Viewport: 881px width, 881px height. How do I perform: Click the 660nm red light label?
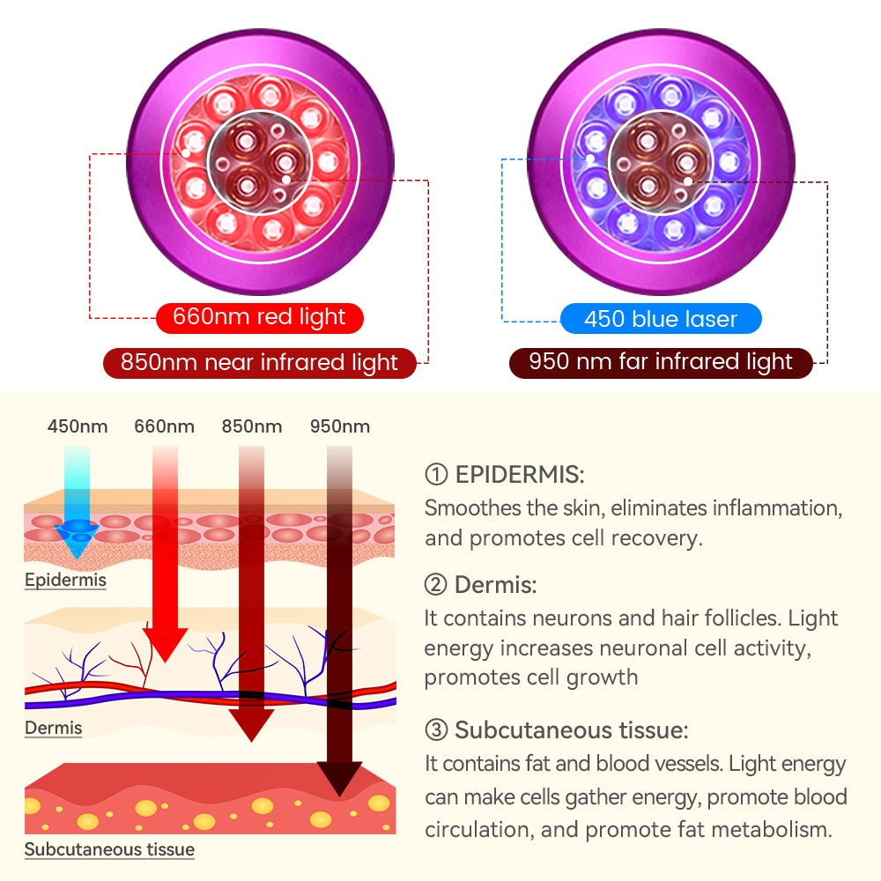(x=260, y=318)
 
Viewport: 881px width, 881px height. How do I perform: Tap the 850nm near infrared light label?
(x=260, y=362)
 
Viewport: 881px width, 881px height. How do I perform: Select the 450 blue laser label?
(x=661, y=318)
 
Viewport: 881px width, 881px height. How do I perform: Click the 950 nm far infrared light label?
(x=661, y=362)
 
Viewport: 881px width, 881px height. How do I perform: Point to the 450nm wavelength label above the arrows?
(x=78, y=427)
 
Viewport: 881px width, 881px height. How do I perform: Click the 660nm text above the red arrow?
(x=165, y=427)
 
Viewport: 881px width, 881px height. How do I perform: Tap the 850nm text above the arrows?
(x=252, y=427)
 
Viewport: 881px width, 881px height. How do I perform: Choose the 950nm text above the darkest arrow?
(x=340, y=427)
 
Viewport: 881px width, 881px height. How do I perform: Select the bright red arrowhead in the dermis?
(x=165, y=644)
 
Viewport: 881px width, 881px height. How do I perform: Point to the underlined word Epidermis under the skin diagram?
(x=65, y=581)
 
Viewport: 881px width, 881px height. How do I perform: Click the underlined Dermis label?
(x=53, y=728)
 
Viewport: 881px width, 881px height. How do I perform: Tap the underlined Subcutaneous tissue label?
(x=109, y=850)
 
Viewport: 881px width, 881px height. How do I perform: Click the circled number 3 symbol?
(x=436, y=730)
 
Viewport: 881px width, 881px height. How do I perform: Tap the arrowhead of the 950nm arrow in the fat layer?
(x=340, y=781)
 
